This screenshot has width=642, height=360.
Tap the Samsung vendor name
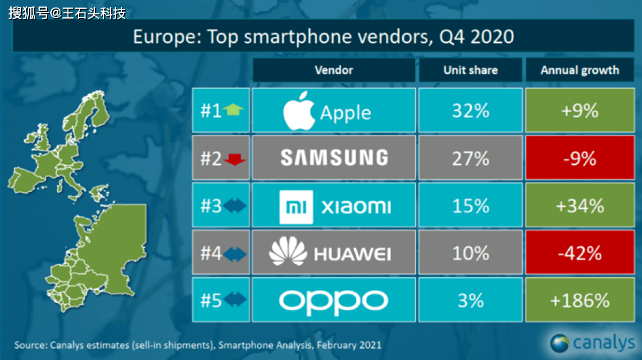pyautogui.click(x=334, y=158)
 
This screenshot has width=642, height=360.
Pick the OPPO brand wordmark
pyautogui.click(x=333, y=301)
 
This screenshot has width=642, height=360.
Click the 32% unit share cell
pyautogui.click(x=470, y=110)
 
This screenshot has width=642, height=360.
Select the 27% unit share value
pyautogui.click(x=470, y=158)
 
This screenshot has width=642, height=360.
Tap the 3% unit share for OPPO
pyautogui.click(x=470, y=301)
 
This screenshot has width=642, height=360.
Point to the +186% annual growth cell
pyautogui.click(x=580, y=301)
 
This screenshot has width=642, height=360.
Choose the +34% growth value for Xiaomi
pyautogui.click(x=580, y=206)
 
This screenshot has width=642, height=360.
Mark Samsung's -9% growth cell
pyautogui.click(x=580, y=158)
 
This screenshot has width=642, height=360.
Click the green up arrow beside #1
pyautogui.click(x=233, y=110)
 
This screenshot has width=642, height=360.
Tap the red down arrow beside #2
pyautogui.click(x=233, y=159)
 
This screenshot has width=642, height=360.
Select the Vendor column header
pyautogui.click(x=334, y=70)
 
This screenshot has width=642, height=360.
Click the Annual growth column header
pyautogui.click(x=580, y=70)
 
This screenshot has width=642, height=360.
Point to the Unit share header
pyautogui.click(x=470, y=70)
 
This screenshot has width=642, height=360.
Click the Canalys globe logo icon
pyautogui.click(x=560, y=343)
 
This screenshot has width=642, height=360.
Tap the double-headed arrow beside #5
pyautogui.click(x=233, y=301)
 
